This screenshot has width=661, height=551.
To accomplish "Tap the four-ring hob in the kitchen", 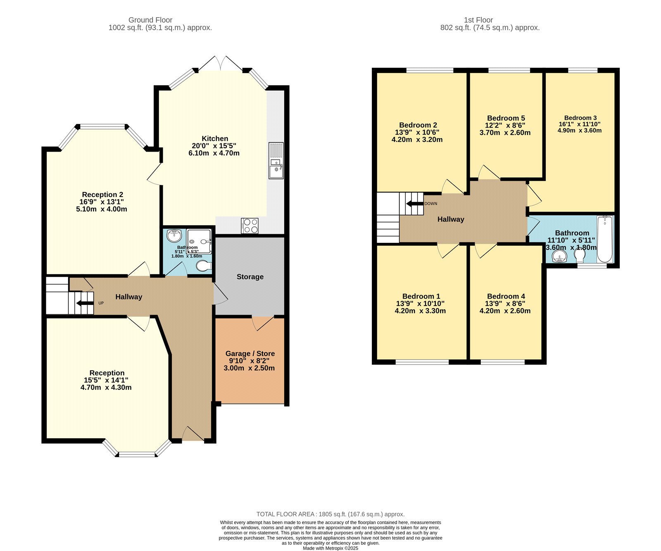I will click(x=250, y=226).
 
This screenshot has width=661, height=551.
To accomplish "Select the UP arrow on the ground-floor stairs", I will click(x=85, y=303).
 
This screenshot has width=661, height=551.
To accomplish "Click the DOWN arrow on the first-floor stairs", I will click(x=415, y=204).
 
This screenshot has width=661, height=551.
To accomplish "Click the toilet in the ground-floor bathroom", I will click(x=203, y=266).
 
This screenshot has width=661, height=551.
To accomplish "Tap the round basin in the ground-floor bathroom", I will click(x=174, y=236).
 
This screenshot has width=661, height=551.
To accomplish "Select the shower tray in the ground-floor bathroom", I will click(x=199, y=241).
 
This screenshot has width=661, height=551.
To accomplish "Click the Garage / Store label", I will click(x=250, y=354).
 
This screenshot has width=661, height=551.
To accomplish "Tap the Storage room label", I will click(x=250, y=277).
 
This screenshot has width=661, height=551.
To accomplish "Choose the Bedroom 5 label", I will click(x=506, y=118).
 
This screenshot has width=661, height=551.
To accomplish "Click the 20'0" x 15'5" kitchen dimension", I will click(x=214, y=146).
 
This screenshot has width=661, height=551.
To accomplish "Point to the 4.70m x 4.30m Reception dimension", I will click(x=106, y=387).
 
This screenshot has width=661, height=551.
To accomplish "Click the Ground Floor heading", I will click(x=150, y=20).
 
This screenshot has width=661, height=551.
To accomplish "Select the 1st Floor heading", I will click(x=478, y=20).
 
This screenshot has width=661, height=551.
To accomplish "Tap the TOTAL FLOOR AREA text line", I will click(x=330, y=514).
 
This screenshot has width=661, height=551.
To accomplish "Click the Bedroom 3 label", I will click(x=580, y=118).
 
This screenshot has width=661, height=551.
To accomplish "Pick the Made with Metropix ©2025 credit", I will click(x=330, y=548).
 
